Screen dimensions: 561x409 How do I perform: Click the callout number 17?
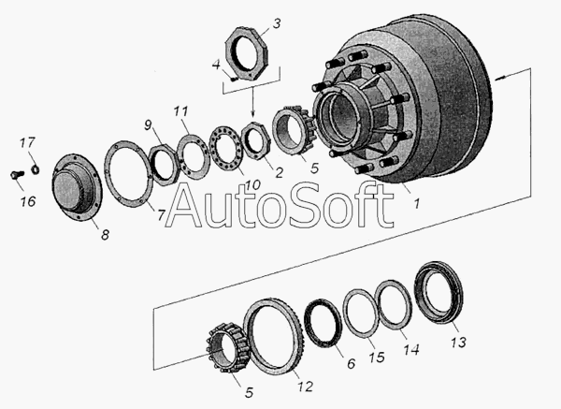[x=27, y=142]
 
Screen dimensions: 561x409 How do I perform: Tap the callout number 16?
[x=28, y=201]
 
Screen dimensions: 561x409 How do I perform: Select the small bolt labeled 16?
[x=17, y=175]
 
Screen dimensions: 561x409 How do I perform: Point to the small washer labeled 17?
[x=36, y=169]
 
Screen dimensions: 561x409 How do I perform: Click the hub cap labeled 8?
[x=77, y=188]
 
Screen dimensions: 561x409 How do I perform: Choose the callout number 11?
[x=180, y=111]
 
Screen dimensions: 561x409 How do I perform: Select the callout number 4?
[x=216, y=66]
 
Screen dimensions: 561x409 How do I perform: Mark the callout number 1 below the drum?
[x=416, y=204]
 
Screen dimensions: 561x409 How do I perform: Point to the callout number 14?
[x=410, y=349]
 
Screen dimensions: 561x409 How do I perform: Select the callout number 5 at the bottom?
[x=249, y=392]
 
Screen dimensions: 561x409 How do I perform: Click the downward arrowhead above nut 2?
[x=253, y=114]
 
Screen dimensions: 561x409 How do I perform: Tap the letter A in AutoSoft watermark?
[x=183, y=205]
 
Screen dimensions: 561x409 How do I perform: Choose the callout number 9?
[x=148, y=125]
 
